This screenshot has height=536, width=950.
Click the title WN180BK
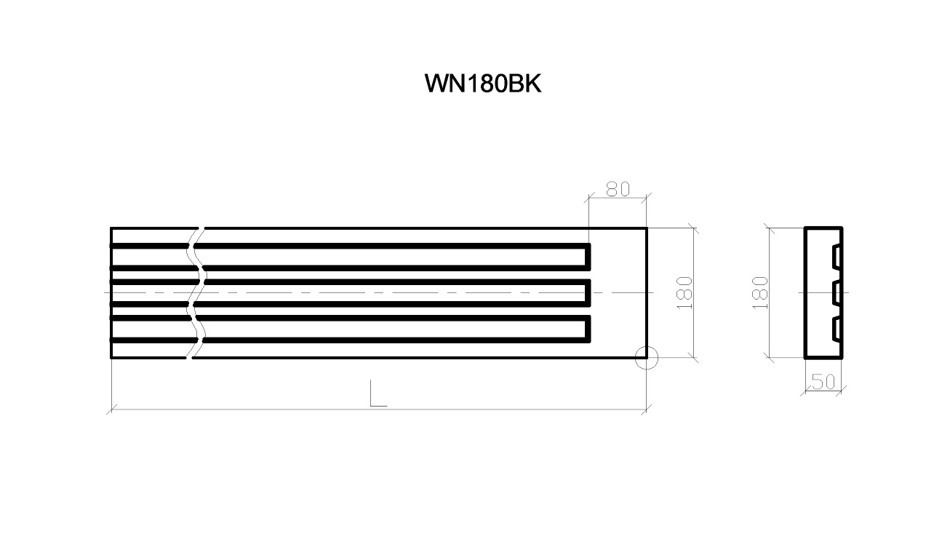pos(482,84)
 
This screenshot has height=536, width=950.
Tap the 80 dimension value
pos(618,189)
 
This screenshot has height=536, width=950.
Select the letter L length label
pos(378,393)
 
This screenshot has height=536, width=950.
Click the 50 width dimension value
pos(823,382)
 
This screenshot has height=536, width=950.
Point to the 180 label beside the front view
pos(684,292)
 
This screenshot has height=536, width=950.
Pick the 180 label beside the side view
pos(760,292)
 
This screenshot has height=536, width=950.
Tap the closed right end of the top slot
pos(588,257)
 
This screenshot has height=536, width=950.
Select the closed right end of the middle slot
pos(588,293)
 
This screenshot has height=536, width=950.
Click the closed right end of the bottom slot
pos(588,329)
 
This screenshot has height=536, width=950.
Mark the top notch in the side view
pos(837,257)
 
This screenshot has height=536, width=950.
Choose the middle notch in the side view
pos(837,292)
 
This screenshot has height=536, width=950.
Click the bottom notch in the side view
pos(837,329)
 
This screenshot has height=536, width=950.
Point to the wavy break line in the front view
pos(196,292)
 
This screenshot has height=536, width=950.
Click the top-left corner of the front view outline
pos(111,228)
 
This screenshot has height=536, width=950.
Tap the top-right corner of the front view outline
pos(647,228)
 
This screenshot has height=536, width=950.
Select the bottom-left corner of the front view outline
pos(111,358)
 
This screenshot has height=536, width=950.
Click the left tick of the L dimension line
pos(111,409)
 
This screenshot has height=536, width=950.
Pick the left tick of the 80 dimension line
pos(589,198)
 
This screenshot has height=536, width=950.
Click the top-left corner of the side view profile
pos(805,228)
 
